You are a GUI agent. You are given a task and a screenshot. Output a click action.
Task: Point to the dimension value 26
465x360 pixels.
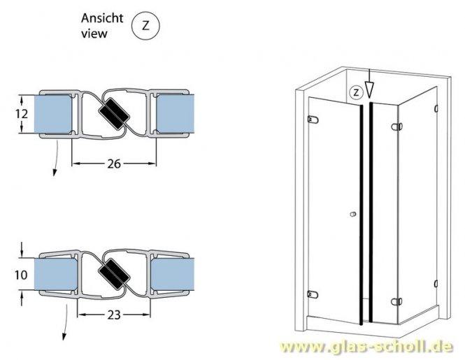click(114, 164)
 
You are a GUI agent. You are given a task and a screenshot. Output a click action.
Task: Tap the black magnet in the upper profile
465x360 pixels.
click(113, 113)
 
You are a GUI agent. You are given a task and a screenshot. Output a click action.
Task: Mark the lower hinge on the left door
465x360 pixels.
click(312, 294)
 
